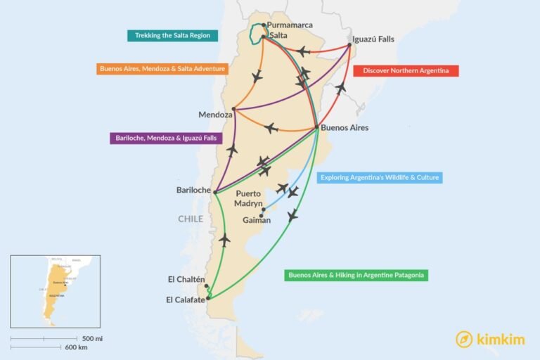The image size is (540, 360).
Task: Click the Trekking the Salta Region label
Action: [172, 35]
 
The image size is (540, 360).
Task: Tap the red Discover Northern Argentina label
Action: [406, 71]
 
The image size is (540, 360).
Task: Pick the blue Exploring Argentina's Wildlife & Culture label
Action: [380, 178]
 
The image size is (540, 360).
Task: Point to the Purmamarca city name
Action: [290, 25]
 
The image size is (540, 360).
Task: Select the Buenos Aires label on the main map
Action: [345, 128]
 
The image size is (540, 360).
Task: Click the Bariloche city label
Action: [193, 190]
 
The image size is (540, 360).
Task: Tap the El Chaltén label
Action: [186, 279]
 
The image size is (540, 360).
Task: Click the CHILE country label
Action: [191, 219]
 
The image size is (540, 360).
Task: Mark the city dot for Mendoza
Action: [234, 109]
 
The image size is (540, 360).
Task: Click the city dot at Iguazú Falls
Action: [350, 46]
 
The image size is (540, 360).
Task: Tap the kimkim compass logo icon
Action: [464, 340]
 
